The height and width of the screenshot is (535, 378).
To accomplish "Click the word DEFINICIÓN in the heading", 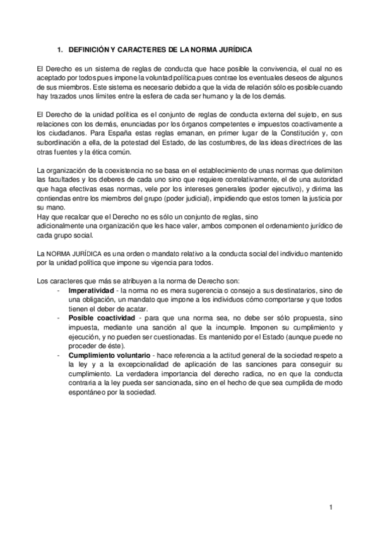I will tap(88, 49).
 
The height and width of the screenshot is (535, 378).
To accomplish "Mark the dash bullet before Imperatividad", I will tap(59, 289).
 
